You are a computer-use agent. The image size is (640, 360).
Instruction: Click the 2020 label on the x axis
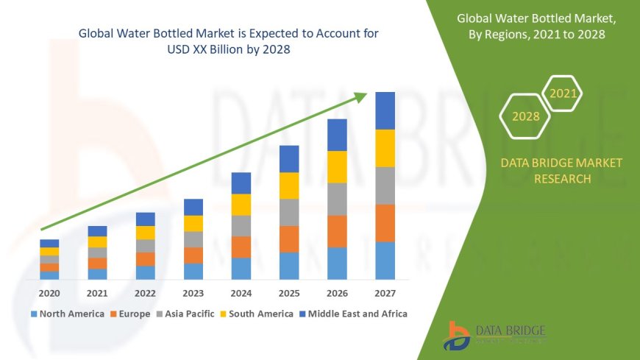pyautogui.click(x=49, y=292)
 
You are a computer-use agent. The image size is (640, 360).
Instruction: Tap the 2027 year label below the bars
pyautogui.click(x=385, y=292)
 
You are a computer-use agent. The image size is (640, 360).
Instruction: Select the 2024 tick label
pyautogui.click(x=241, y=292)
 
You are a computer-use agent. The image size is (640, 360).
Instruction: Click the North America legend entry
pyautogui.click(x=67, y=314)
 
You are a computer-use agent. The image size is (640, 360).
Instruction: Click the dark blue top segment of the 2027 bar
pyautogui.click(x=385, y=110)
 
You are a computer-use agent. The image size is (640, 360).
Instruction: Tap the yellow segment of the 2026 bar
pyautogui.click(x=337, y=166)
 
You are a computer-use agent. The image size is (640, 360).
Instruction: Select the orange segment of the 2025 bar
pyautogui.click(x=289, y=239)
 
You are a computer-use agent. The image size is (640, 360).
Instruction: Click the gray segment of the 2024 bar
pyautogui.click(x=241, y=225)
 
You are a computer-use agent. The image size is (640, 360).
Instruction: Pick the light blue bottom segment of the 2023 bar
pyautogui.click(x=193, y=271)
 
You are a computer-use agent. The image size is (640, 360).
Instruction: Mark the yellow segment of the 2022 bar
pyautogui.click(x=146, y=233)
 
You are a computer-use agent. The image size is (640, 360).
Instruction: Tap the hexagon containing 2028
pyautogui.click(x=525, y=116)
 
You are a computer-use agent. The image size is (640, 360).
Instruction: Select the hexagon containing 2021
pyautogui.click(x=563, y=93)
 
